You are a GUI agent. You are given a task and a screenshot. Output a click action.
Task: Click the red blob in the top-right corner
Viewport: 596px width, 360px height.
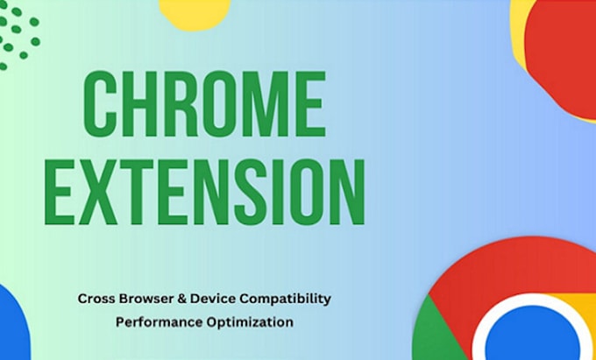click(565, 61)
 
